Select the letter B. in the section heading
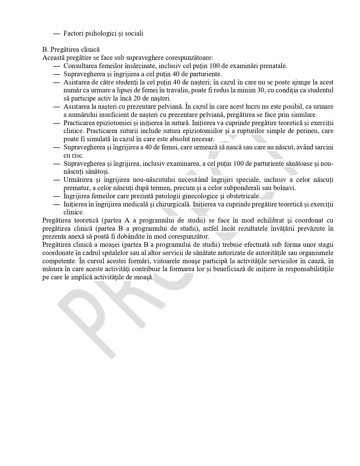(x=45, y=49)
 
